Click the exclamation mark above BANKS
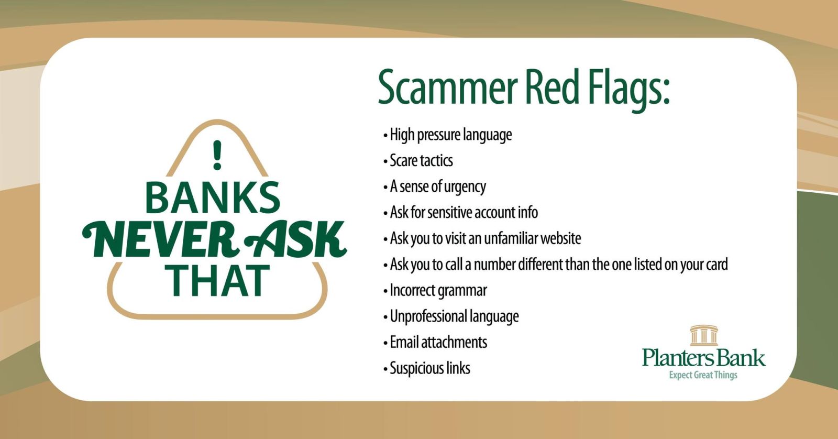point(217,155)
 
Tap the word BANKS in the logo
point(213,197)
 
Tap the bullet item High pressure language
point(447,135)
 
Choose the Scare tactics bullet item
point(418,160)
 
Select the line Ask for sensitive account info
point(460,212)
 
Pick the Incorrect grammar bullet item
point(435,291)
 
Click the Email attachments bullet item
point(435,342)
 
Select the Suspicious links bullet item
point(426,368)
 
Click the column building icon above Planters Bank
point(704,335)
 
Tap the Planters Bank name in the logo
point(704,357)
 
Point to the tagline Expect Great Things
point(703,375)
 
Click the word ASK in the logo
point(295,239)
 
